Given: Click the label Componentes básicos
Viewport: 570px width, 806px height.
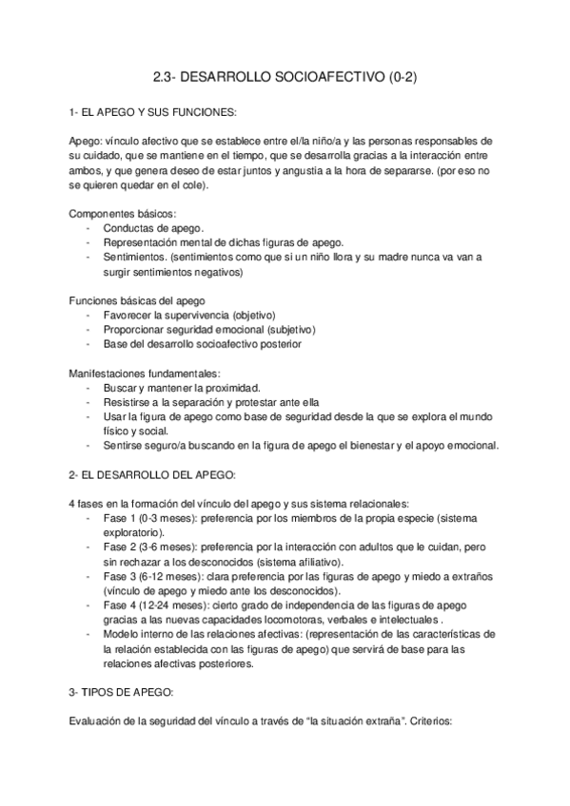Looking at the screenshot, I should (124, 214).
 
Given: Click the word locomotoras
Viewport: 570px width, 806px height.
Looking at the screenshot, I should (299, 620).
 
